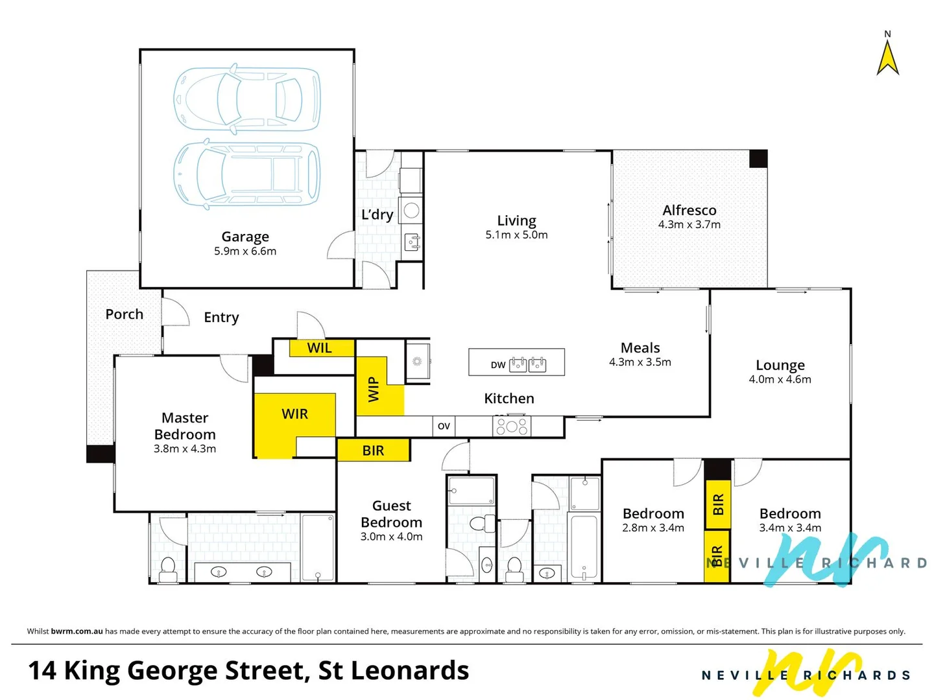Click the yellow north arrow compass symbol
coord(887,58)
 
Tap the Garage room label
coord(245,237)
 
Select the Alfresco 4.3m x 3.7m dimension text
coord(689,225)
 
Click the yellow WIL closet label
coord(320,348)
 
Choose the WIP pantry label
coord(374,389)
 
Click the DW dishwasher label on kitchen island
coord(497,365)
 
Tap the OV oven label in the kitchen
coord(444,426)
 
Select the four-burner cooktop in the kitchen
coord(512,426)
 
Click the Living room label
coord(516,220)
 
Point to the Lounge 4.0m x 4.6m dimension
coord(780,380)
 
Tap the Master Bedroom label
coord(185,426)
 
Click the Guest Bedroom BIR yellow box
coord(374,450)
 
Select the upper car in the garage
coord(246,99)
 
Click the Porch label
coord(124,314)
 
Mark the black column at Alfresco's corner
coord(758,159)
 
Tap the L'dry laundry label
coord(377,215)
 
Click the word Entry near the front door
coord(221,318)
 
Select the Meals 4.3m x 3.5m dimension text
coord(640,362)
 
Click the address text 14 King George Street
coord(248,671)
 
